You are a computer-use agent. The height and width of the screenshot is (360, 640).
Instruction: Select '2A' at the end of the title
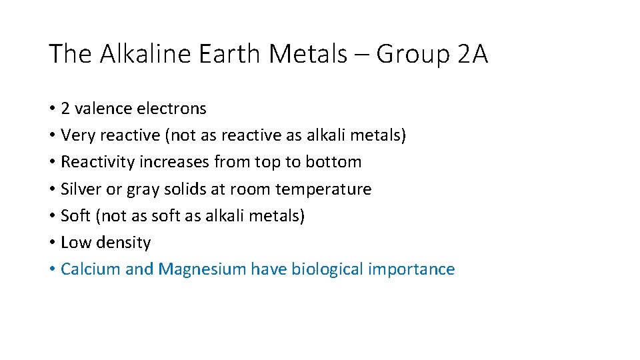coord(473,54)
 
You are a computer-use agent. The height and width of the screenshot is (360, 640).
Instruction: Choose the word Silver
coord(81,189)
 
